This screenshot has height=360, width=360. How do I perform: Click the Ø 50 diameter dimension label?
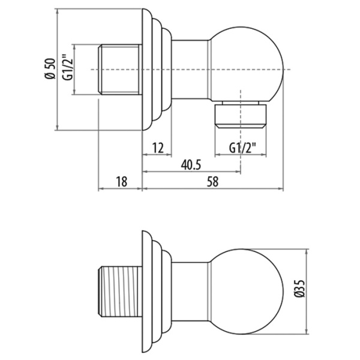(x=50, y=69)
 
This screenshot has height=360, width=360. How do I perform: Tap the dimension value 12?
(x=157, y=147)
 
